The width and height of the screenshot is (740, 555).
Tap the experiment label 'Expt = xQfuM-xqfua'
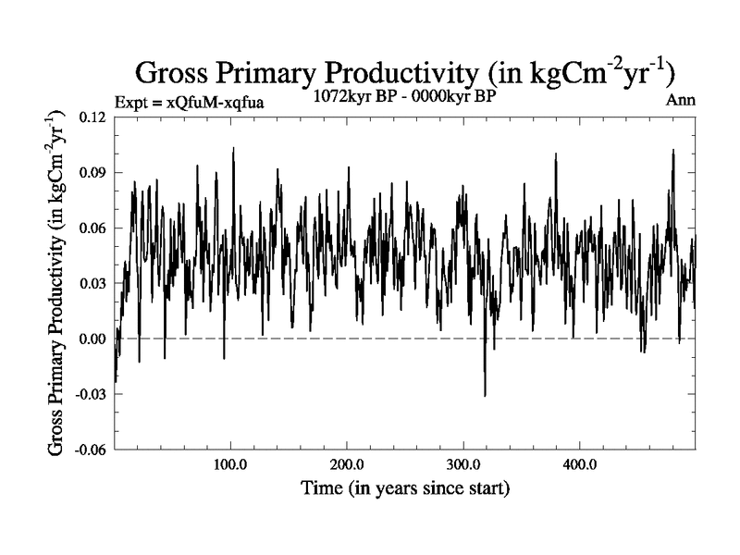point(189,102)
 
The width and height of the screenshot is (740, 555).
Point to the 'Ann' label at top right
point(680,101)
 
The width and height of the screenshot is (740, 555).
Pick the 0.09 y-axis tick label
point(92,172)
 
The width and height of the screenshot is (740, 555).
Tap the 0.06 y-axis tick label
point(92,228)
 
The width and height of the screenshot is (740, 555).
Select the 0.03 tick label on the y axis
point(92,283)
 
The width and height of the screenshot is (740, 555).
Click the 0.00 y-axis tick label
point(92,339)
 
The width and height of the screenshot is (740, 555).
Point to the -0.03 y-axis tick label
point(89,394)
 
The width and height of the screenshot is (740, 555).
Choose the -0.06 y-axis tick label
point(89,450)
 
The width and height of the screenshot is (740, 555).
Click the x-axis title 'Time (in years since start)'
point(405,487)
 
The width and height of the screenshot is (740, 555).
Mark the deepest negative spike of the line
point(485,395)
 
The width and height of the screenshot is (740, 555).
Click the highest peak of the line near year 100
point(233,148)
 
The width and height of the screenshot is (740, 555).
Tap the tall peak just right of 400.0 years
point(673,151)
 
